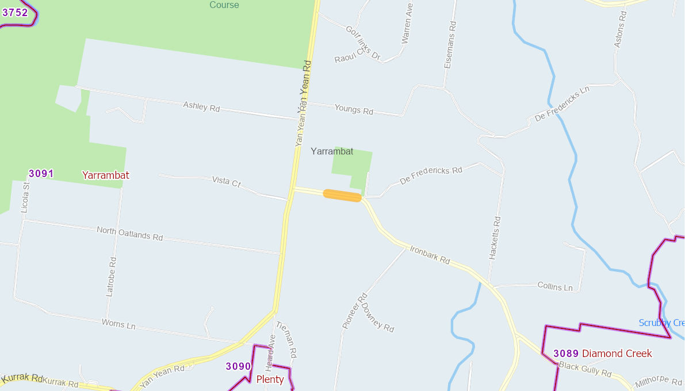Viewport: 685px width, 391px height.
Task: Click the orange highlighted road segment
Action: coord(342,195)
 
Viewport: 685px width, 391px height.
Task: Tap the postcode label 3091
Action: coord(41,173)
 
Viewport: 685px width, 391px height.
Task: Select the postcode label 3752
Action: coord(15,13)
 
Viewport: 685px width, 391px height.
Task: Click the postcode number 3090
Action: coord(238,366)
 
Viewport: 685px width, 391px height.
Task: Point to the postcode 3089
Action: coord(566,353)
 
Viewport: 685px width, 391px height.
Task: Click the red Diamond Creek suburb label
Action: coord(617,353)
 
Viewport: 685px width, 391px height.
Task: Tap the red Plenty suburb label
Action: coord(270,379)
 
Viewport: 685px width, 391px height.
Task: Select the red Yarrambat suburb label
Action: coord(106,175)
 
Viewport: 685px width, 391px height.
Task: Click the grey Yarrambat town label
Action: coord(332,151)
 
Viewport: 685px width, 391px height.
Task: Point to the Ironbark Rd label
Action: coord(430,255)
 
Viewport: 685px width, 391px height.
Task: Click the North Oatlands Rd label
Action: coord(130,233)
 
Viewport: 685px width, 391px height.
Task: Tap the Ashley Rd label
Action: coord(201,107)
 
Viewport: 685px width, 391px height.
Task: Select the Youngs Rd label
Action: coord(354,109)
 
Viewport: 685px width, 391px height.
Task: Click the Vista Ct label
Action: coord(226,182)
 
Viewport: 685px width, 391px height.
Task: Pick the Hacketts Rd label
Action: coord(495,238)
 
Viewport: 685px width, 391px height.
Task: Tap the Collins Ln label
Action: coord(555,286)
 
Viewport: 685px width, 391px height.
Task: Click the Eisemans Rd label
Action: coord(450,46)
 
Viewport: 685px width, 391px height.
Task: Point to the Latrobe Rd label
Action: coord(111,277)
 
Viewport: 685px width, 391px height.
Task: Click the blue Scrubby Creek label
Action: coord(661,323)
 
